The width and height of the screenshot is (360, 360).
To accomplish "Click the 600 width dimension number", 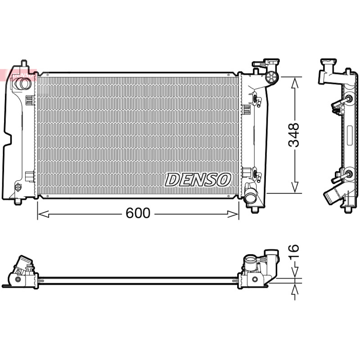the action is [138, 213].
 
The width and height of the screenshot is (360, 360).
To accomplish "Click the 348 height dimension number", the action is [294, 135].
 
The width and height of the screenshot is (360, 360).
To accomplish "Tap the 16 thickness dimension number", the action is [294, 252].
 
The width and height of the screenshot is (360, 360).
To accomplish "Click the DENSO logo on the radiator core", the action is [198, 180].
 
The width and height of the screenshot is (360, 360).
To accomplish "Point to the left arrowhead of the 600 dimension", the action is [43, 214].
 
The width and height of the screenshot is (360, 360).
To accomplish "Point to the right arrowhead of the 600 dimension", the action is [233, 214].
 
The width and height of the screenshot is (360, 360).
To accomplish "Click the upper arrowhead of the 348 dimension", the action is [295, 83].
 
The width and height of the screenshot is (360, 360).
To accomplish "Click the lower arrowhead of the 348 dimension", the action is [295, 187].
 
